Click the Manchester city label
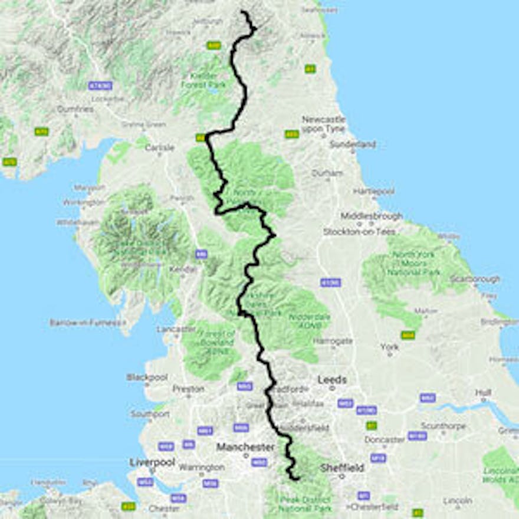[x=245, y=447]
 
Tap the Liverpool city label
[x=152, y=462]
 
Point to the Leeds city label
[x=332, y=380]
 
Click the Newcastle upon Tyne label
[x=323, y=124]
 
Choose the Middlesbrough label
[x=372, y=216]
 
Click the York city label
[x=389, y=347]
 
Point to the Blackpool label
[x=147, y=377]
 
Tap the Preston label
[x=188, y=389]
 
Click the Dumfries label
[x=75, y=109]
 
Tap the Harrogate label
[x=333, y=341]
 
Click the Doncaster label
[x=384, y=439]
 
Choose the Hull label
[x=484, y=392]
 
